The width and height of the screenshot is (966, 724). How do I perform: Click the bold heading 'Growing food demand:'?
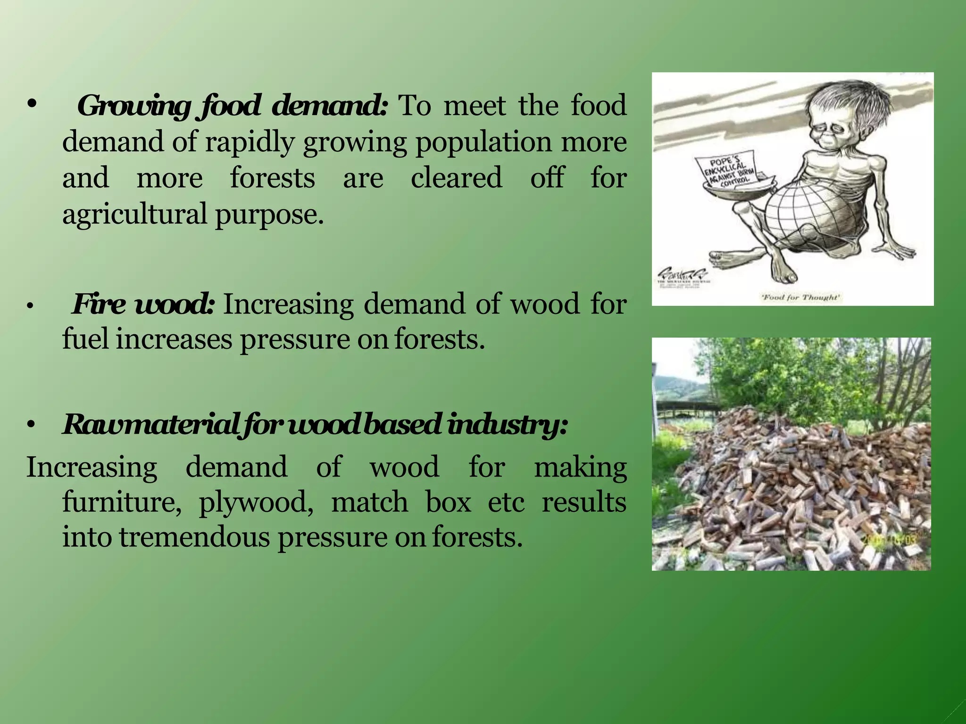click(x=232, y=106)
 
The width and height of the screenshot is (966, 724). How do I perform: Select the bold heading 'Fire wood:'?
click(x=143, y=304)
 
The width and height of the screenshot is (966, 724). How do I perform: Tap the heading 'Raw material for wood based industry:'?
click(x=315, y=424)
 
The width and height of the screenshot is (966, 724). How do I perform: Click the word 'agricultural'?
click(x=135, y=214)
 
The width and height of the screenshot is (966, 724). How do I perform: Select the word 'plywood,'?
click(x=256, y=502)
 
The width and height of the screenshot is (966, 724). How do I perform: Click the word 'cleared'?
click(x=456, y=178)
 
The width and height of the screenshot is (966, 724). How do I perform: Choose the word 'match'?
click(x=369, y=502)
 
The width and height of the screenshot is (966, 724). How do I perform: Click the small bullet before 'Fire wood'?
click(x=30, y=307)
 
